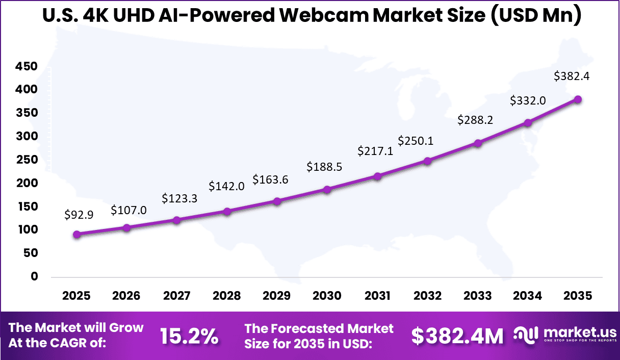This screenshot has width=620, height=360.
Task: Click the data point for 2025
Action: (x=77, y=235)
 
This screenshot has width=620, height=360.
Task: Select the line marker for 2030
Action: (x=327, y=189)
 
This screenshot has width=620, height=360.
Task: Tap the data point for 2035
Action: (x=578, y=99)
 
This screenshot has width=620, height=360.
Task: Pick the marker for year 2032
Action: (x=427, y=161)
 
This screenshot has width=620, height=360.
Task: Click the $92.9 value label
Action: (x=79, y=215)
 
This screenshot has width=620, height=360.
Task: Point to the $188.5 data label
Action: (x=324, y=167)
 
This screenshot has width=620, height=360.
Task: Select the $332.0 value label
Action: (x=528, y=101)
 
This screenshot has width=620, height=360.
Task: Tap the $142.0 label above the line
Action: (x=226, y=186)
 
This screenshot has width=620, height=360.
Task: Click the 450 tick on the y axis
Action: (x=27, y=66)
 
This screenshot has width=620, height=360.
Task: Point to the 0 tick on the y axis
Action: (x=35, y=276)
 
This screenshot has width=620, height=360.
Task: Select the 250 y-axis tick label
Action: (x=27, y=160)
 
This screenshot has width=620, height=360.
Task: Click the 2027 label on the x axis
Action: (x=176, y=296)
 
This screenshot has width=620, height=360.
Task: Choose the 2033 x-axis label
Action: (x=477, y=296)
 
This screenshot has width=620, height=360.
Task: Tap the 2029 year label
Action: (x=277, y=296)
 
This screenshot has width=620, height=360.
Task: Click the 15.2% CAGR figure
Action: (x=189, y=336)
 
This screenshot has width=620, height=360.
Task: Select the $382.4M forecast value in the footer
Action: (x=457, y=336)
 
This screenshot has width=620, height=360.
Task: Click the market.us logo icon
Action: (x=525, y=335)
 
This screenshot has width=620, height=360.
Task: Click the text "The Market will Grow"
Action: (x=76, y=328)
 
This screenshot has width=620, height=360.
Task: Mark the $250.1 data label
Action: (x=416, y=140)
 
